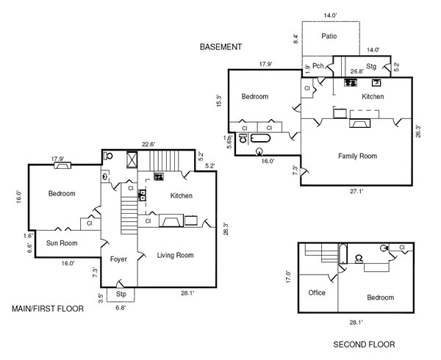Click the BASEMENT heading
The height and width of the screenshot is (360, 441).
click(x=220, y=47)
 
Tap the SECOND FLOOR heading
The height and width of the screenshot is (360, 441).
click(x=364, y=344)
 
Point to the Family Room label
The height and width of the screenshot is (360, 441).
click(x=357, y=156)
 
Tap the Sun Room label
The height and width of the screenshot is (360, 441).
click(x=62, y=243)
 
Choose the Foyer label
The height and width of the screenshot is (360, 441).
click(x=119, y=259)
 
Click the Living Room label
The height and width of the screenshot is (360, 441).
click(x=175, y=256)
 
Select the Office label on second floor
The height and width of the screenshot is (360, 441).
click(x=317, y=292)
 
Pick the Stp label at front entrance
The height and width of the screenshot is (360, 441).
click(x=121, y=294)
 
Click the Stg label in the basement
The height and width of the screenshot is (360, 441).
click(x=371, y=67)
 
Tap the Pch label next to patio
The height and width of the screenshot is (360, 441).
click(x=318, y=66)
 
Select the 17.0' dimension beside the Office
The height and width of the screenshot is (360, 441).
click(x=290, y=278)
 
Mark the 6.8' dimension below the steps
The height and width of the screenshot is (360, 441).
click(x=121, y=308)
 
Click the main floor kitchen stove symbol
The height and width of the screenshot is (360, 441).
click(x=158, y=177)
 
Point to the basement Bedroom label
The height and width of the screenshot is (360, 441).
click(x=254, y=96)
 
